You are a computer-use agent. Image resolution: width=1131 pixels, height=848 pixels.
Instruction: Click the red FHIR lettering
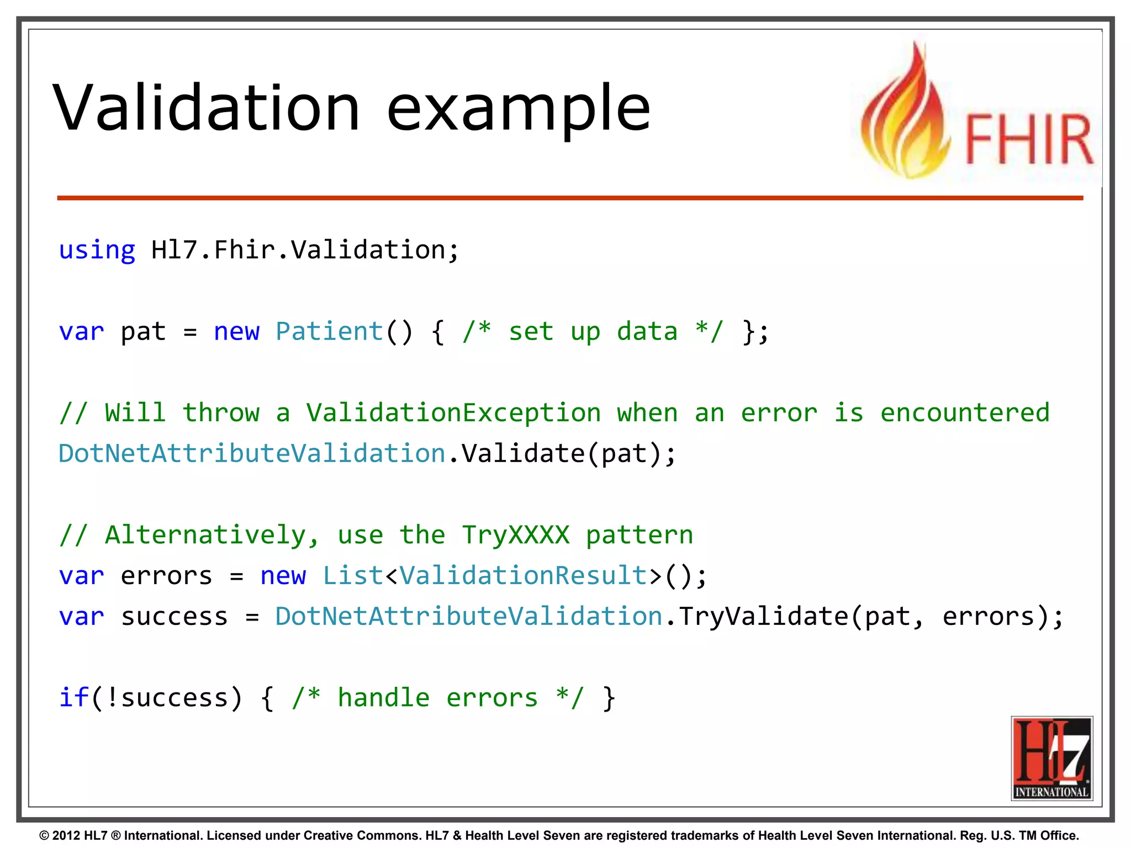(x=1028, y=139)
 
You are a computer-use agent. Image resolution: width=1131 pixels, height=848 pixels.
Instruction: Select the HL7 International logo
(x=1051, y=757)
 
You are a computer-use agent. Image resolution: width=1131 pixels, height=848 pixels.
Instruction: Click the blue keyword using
(x=97, y=251)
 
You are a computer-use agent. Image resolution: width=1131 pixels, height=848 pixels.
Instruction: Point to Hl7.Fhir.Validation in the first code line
(x=304, y=250)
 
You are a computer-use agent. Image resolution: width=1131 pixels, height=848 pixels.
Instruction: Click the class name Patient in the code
(x=329, y=332)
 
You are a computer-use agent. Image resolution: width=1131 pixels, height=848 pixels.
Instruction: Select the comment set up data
(x=593, y=332)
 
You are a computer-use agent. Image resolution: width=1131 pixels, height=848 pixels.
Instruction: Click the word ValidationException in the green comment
(x=453, y=413)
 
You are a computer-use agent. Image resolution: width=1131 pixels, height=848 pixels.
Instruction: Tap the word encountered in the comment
(x=964, y=413)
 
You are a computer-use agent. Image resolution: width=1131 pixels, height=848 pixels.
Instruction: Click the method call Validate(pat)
(x=568, y=454)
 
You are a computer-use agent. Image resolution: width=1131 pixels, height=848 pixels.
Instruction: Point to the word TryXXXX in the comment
(x=515, y=535)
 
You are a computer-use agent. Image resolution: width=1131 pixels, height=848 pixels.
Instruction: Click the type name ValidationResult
(x=522, y=576)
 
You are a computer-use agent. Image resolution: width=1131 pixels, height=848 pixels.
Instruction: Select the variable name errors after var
(x=166, y=576)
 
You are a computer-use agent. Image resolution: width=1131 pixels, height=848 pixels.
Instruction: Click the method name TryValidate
(x=763, y=617)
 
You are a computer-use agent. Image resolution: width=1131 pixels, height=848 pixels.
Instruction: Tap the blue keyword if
(x=73, y=698)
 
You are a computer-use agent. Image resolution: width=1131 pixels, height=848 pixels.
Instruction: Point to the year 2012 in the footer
(x=66, y=835)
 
